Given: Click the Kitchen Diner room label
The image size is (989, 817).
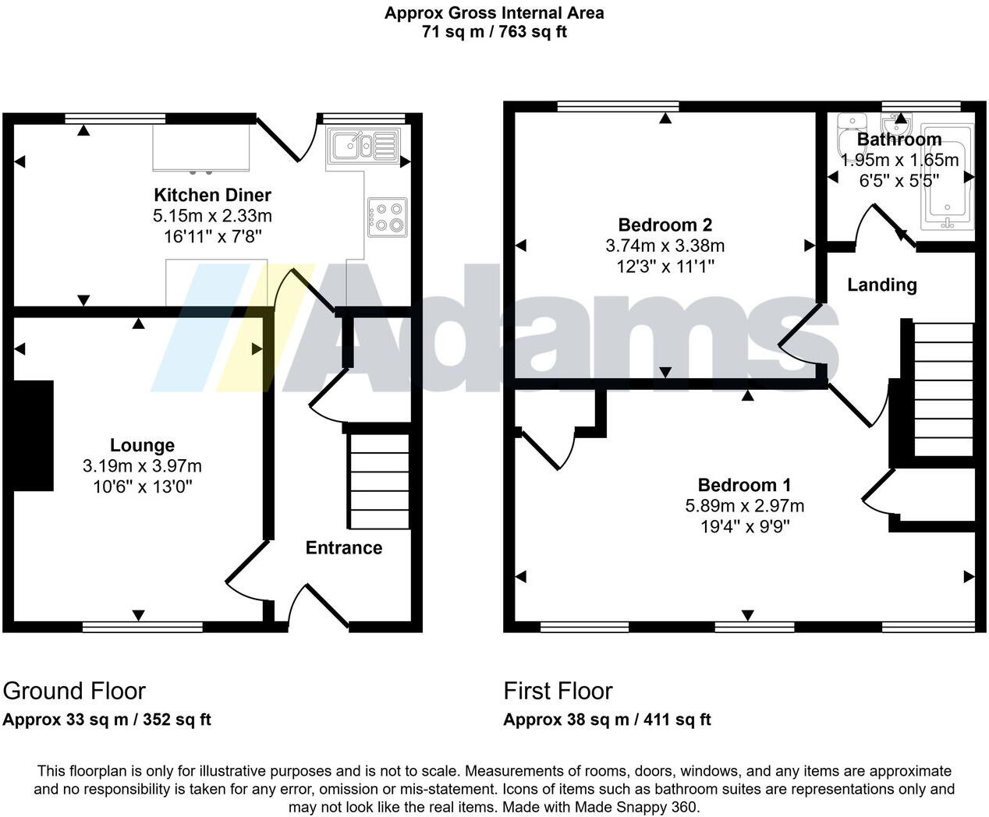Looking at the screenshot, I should tap(212, 195).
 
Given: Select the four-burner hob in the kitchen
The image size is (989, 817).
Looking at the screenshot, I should tap(387, 217).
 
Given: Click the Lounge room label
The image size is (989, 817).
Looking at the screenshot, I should tap(142, 445).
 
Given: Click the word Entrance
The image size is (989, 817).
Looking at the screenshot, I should tap(343, 548).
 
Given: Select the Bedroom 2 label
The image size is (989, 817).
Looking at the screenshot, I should tap(665, 225).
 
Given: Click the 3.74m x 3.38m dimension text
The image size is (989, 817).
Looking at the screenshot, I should tap(665, 246).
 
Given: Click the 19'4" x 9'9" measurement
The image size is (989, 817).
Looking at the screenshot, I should tap(745, 527).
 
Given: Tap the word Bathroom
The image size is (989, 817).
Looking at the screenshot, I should tap(899, 140).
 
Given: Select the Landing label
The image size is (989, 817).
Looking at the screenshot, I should tap(881, 285).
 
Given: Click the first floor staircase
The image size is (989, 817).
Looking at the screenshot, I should tap(943, 390).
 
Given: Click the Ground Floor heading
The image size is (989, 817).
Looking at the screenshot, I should tap(74, 691).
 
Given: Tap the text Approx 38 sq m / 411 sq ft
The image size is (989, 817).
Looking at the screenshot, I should tap(607, 720).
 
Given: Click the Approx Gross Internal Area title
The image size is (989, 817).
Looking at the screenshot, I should tap(494, 13).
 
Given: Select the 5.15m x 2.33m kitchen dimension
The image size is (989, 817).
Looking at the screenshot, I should tap(212, 216).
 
